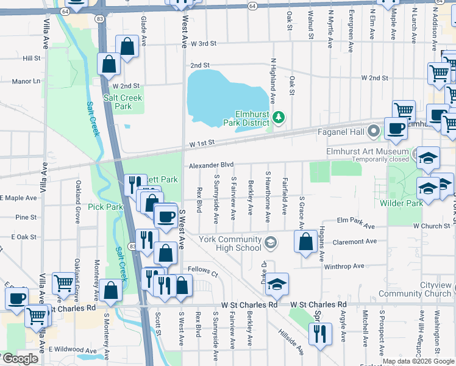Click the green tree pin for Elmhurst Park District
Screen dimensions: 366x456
tap(279, 117)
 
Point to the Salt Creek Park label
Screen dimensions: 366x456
tap(123, 102)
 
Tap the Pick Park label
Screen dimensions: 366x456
tap(105, 207)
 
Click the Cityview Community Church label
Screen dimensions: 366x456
tap(414, 289)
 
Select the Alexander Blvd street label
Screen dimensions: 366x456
tap(211, 165)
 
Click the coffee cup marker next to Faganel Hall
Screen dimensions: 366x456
tap(395, 128)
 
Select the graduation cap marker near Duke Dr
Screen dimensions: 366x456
tap(276, 284)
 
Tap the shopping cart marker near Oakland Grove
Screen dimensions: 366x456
tap(63, 282)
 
